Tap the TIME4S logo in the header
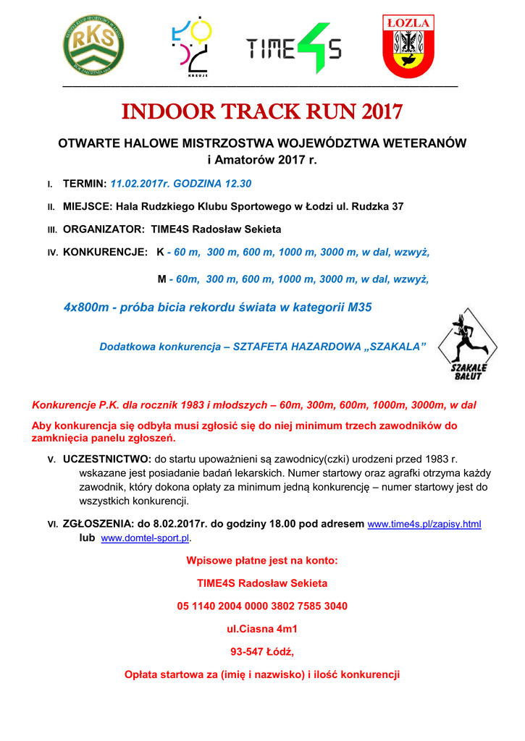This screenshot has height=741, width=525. click(293, 48)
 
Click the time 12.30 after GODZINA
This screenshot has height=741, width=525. click(237, 184)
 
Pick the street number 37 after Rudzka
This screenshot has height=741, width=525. click(397, 206)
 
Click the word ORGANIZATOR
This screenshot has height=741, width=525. click(104, 229)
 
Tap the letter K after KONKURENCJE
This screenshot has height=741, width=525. click(160, 252)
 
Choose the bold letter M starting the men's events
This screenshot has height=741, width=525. click(161, 279)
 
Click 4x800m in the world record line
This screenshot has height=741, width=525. click(85, 307)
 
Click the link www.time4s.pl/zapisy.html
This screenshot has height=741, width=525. click(425, 524)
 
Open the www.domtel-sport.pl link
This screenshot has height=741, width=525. click(144, 539)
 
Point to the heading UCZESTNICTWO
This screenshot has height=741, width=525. click(107, 459)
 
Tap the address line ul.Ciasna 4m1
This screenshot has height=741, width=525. click(262, 629)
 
